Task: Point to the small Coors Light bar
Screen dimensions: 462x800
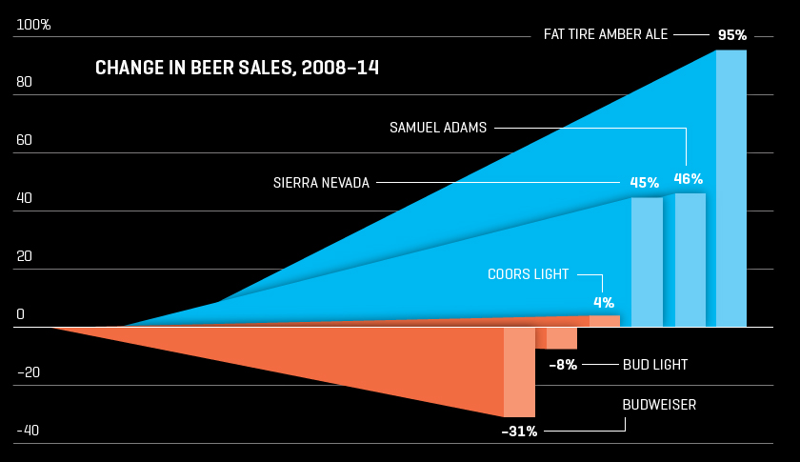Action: [605, 321]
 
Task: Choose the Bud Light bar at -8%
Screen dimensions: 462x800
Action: [562, 338]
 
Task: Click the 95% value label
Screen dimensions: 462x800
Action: [732, 35]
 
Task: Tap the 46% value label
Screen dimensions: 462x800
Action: [689, 178]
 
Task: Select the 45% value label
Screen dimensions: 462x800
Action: [645, 182]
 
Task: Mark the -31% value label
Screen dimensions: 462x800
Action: [520, 432]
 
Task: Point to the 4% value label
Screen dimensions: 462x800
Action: [604, 303]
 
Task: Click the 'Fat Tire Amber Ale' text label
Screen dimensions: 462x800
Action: [606, 34]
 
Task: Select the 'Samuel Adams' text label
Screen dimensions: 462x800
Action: [438, 127]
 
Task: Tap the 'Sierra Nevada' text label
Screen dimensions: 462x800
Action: [321, 182]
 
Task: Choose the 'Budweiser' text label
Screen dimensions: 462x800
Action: [659, 405]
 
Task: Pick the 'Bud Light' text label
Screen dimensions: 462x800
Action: [655, 364]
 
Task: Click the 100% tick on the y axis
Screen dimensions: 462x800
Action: [34, 24]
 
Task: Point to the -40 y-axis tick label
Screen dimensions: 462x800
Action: [28, 431]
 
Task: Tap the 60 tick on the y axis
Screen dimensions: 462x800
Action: [25, 140]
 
